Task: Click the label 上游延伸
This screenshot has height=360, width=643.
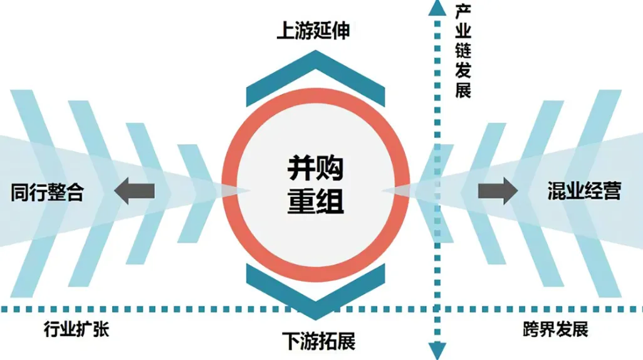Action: click(x=313, y=31)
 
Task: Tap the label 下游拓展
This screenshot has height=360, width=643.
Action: click(x=318, y=341)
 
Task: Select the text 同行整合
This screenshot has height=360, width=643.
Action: click(x=47, y=192)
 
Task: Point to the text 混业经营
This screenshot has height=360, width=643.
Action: click(x=584, y=191)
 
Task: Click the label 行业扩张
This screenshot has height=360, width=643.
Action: click(x=76, y=329)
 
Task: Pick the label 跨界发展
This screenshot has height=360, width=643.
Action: click(x=556, y=329)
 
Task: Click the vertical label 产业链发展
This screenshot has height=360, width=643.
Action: click(x=463, y=51)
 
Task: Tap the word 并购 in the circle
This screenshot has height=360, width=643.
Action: click(x=315, y=168)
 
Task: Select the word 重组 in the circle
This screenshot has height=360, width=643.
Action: click(x=315, y=201)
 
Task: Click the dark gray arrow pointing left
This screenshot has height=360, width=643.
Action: click(x=134, y=191)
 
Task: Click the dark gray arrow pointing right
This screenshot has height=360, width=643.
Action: click(x=498, y=191)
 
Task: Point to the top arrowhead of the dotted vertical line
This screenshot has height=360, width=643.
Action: click(x=437, y=8)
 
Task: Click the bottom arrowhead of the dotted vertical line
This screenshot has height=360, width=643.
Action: click(x=437, y=351)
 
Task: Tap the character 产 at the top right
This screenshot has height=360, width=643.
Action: click(x=463, y=12)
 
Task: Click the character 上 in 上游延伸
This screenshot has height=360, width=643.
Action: click(x=286, y=31)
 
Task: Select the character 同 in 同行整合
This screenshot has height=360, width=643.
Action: click(x=19, y=192)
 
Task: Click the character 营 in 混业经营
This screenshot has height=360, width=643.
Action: click(x=612, y=191)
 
